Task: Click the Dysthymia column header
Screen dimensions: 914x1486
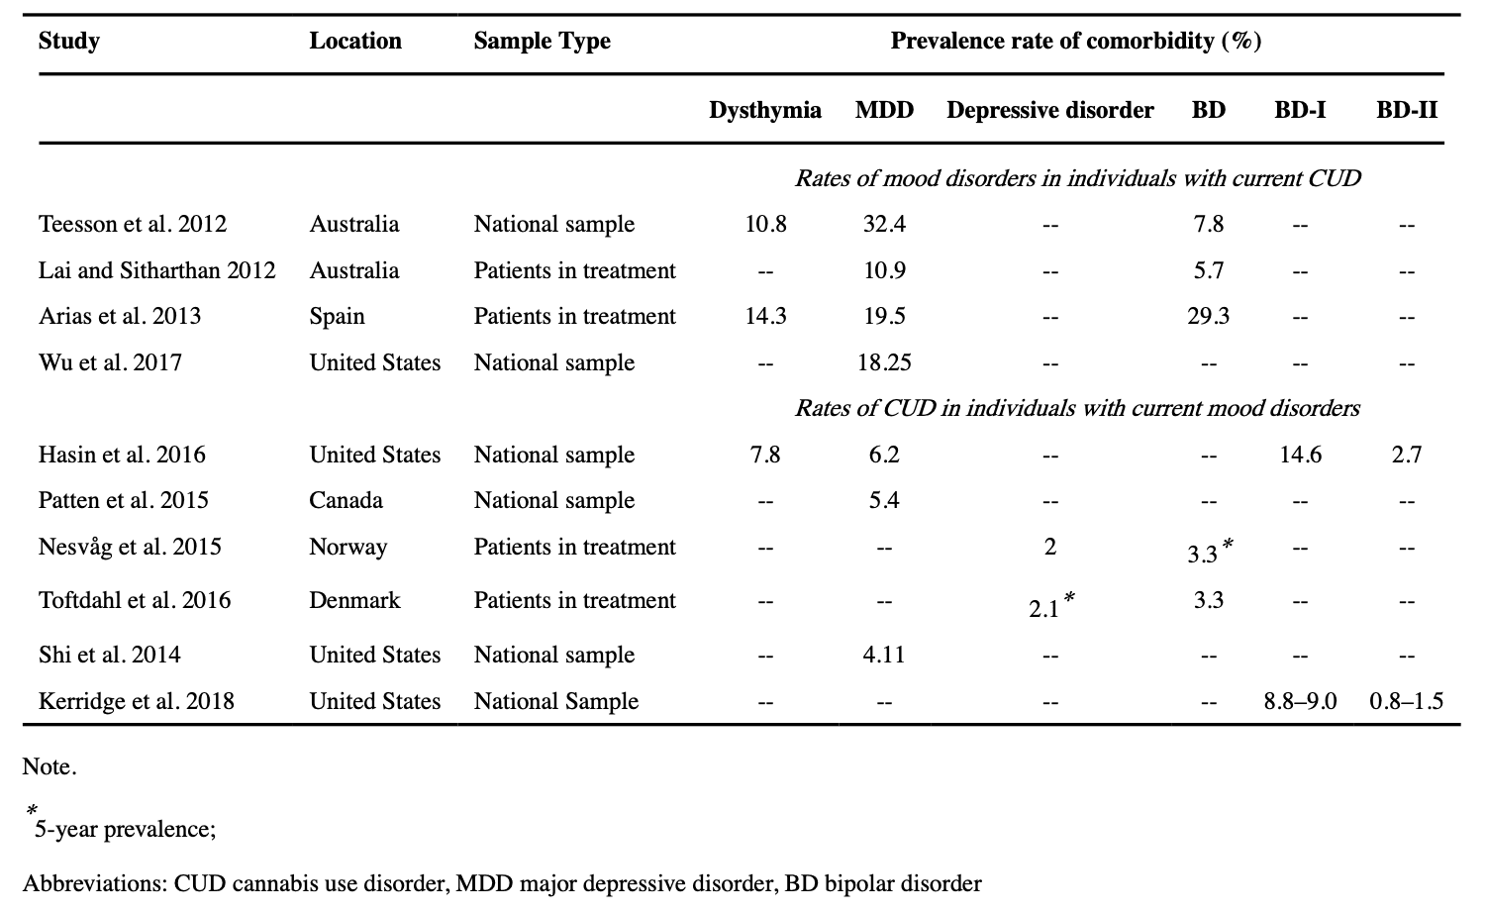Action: point(764,110)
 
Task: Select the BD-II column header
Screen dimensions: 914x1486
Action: point(1406,110)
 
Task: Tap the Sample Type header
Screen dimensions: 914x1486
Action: point(542,42)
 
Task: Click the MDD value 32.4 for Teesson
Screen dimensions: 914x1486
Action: point(883,224)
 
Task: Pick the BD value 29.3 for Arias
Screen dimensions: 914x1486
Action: point(1208,316)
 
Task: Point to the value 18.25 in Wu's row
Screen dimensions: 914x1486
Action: point(883,362)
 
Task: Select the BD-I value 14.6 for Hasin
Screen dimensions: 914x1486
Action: point(1299,455)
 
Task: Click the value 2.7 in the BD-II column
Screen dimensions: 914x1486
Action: point(1406,455)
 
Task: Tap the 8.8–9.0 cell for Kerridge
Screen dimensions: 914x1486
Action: point(1299,701)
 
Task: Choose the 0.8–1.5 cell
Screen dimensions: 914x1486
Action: point(1406,701)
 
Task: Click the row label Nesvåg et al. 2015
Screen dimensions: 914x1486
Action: point(130,547)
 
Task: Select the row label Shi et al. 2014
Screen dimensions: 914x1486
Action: point(110,655)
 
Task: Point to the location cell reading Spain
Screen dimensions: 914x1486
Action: point(337,316)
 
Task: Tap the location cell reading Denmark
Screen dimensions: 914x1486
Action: point(354,600)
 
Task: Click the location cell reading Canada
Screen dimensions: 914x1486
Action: point(346,500)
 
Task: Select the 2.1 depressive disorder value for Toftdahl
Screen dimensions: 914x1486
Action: point(1044,608)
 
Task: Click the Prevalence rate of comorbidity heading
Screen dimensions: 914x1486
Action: point(1075,42)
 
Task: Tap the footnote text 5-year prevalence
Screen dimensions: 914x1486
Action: point(125,829)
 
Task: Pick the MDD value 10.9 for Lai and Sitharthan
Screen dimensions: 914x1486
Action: point(883,270)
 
